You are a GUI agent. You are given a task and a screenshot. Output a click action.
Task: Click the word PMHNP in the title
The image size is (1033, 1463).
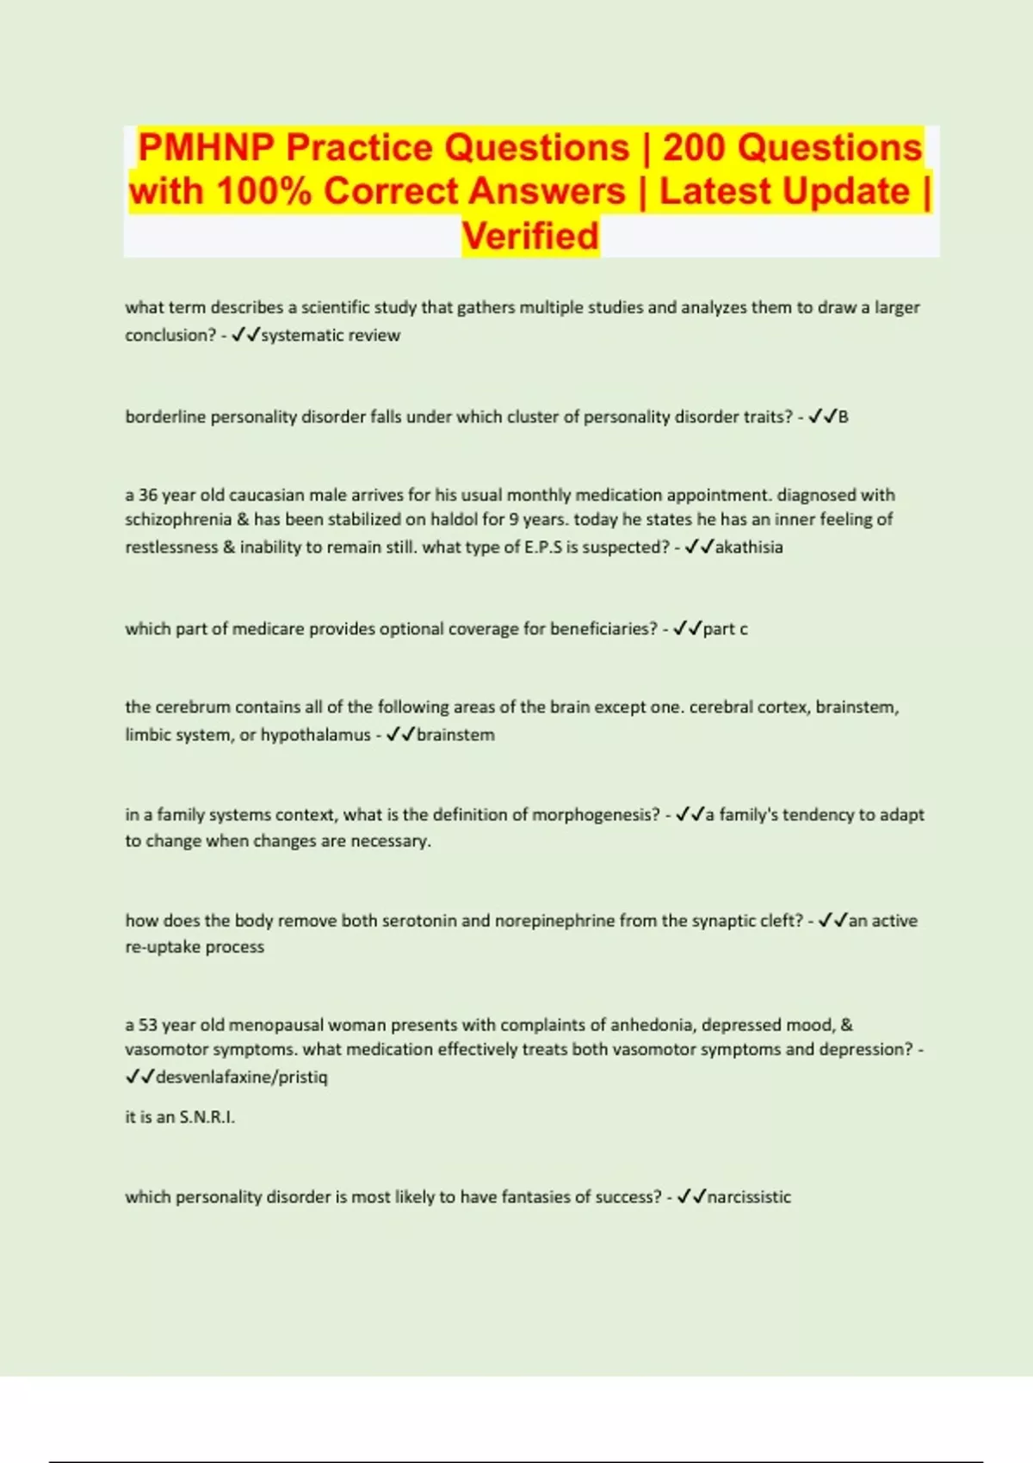pyautogui.click(x=206, y=147)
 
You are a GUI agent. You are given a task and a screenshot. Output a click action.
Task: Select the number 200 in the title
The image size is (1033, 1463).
pyautogui.click(x=695, y=147)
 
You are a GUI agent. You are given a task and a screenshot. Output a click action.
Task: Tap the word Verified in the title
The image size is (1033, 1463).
pyautogui.click(x=530, y=236)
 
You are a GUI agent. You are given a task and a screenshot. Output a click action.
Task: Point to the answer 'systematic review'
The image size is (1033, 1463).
pyautogui.click(x=331, y=336)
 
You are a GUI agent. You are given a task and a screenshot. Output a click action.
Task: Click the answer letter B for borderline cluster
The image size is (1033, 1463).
pyautogui.click(x=844, y=417)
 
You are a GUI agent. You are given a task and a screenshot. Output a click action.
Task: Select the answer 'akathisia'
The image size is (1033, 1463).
pyautogui.click(x=749, y=547)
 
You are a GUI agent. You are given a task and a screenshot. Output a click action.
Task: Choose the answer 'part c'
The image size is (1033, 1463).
pyautogui.click(x=726, y=629)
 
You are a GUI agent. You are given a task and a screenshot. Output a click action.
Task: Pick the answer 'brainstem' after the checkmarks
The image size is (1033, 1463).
pyautogui.click(x=455, y=735)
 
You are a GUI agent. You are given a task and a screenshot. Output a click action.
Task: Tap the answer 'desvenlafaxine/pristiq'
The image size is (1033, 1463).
pyautogui.click(x=242, y=1077)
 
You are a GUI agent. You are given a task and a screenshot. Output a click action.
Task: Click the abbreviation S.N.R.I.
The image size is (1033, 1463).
pyautogui.click(x=207, y=1118)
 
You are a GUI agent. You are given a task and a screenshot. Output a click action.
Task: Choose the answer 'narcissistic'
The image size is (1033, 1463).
pyautogui.click(x=749, y=1197)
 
